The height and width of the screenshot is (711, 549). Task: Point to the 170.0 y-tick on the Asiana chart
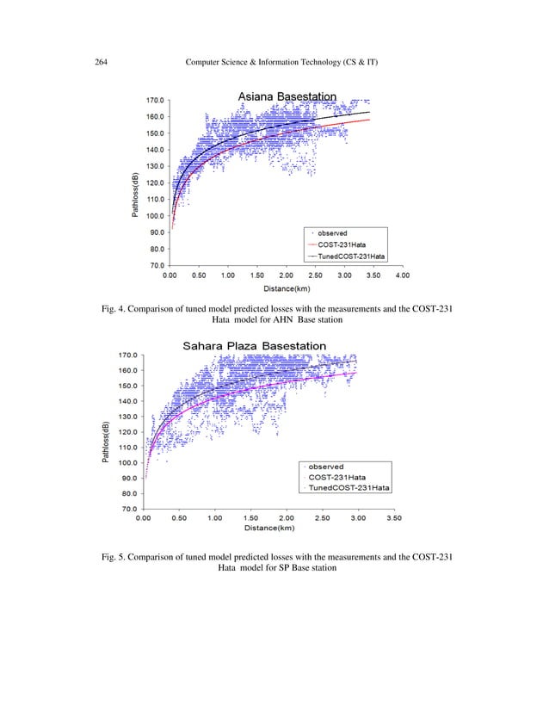[156, 100]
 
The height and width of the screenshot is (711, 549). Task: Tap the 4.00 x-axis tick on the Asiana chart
[402, 275]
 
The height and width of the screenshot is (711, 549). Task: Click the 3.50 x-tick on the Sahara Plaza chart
[394, 519]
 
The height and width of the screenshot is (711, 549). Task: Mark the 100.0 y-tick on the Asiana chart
[156, 215]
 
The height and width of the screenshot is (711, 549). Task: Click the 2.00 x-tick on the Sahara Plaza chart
[287, 519]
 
